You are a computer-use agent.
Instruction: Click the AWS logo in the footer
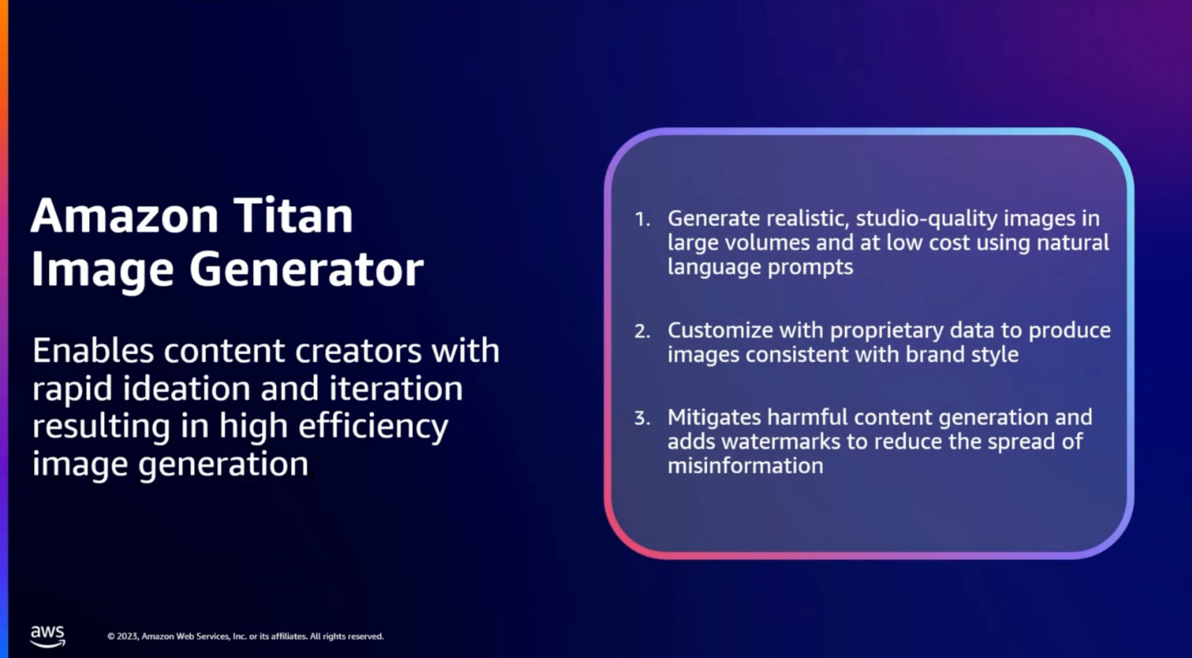pyautogui.click(x=48, y=636)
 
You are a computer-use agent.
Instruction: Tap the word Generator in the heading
pyautogui.click(x=306, y=270)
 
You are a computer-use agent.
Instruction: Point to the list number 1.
pyautogui.click(x=642, y=220)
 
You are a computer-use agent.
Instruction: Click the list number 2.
pyautogui.click(x=642, y=331)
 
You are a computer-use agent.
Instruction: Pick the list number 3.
pyautogui.click(x=642, y=418)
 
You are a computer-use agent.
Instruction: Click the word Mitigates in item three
pyautogui.click(x=714, y=418)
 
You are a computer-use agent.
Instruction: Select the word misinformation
pyautogui.click(x=746, y=466)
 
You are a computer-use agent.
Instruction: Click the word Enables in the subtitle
pyautogui.click(x=93, y=351)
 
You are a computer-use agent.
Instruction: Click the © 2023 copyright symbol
pyautogui.click(x=111, y=636)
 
